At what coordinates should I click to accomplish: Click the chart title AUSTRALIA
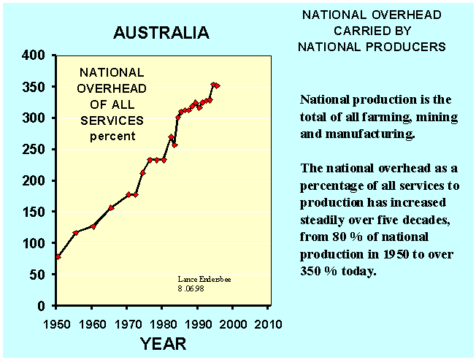click(x=161, y=33)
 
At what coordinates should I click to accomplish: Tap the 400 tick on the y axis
click(x=35, y=55)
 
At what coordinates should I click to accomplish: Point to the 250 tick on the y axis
click(x=35, y=150)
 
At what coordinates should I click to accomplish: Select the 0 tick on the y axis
click(x=43, y=306)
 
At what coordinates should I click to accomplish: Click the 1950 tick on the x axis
click(x=58, y=323)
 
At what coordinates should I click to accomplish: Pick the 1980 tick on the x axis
click(x=163, y=323)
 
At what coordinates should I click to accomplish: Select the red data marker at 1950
click(x=58, y=256)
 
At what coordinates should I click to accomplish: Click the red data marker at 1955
click(x=76, y=233)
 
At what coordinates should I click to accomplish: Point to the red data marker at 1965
click(x=111, y=207)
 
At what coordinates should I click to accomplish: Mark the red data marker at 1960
click(x=93, y=226)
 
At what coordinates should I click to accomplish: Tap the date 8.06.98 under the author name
click(x=192, y=288)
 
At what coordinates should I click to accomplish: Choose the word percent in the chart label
click(x=111, y=137)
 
